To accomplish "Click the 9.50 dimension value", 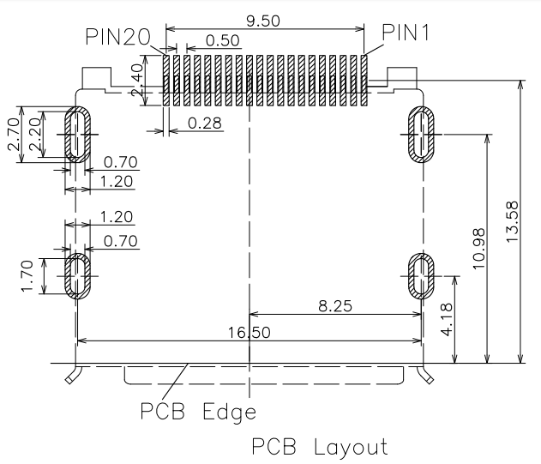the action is (263, 21).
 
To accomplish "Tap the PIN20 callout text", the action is (118, 37).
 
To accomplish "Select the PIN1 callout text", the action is (406, 33).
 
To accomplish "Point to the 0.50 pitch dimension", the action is (223, 40).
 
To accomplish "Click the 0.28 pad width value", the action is (205, 124).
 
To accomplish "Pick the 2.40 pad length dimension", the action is (138, 80).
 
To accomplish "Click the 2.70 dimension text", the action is (14, 135).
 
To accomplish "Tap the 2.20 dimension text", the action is (35, 135).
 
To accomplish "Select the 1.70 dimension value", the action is (27, 276).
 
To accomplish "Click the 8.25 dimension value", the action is (335, 306).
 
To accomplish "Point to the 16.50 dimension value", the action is (249, 333).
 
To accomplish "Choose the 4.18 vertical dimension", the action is (447, 319).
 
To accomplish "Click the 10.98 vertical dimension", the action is (479, 249).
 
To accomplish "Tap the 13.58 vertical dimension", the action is (512, 221).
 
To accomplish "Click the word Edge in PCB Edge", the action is (230, 412).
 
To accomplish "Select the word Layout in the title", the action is (352, 447).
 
